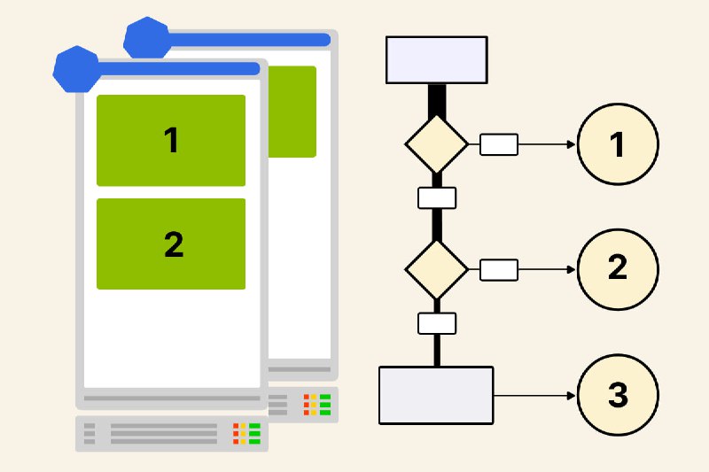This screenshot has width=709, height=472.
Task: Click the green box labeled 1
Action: coord(171,140)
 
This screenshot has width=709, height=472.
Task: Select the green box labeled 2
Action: coord(171,244)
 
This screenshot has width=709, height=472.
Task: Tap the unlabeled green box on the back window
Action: coord(292,112)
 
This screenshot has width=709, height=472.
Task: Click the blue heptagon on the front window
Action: coord(75,70)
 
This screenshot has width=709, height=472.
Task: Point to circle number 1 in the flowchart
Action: coord(618,144)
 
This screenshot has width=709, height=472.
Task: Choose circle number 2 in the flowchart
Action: coord(618,267)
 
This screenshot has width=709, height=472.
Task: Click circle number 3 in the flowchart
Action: coord(618,395)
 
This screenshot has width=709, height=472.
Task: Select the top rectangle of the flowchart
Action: coord(437,59)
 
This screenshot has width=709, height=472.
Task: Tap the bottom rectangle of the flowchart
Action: coord(436,395)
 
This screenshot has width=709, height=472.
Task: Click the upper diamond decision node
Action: coord(436,143)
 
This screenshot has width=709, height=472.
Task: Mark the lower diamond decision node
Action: coord(436,268)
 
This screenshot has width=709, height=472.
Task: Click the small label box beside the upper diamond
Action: coord(499,144)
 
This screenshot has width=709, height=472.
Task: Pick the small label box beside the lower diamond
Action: coord(499,269)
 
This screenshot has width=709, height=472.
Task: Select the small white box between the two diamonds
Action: coord(437,197)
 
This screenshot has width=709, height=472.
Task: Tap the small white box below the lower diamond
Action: coord(437,323)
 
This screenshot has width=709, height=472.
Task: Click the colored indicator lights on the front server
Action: coord(246,433)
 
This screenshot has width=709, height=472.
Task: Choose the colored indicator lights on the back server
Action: coord(317,405)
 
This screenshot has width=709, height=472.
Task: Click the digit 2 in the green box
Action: coord(174,244)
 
